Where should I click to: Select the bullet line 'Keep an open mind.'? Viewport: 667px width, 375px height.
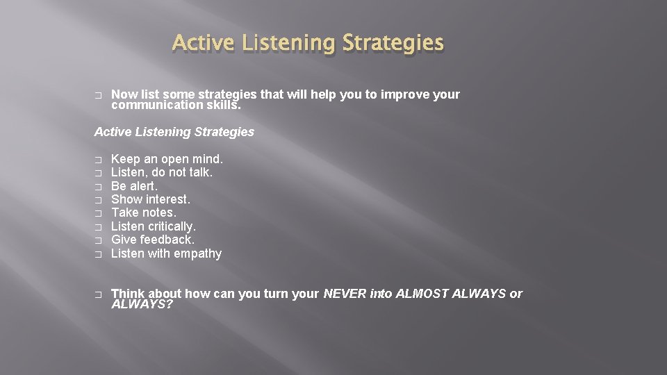pos(167,159)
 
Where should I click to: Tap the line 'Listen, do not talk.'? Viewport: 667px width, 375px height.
pos(162,172)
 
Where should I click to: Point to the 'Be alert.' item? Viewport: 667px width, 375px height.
pos(134,186)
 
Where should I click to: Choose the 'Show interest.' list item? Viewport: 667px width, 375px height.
pos(150,199)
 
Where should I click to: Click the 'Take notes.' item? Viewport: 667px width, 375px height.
pos(143,212)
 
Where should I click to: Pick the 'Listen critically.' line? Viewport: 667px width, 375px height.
pos(154,226)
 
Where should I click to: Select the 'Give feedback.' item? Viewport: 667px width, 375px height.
pos(153,240)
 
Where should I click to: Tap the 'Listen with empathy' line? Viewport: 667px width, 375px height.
pos(166,253)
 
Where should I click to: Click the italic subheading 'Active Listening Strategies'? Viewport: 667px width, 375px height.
pos(174,132)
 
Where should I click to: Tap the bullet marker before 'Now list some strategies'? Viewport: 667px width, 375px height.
pos(98,95)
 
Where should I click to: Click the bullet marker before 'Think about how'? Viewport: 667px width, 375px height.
pos(98,294)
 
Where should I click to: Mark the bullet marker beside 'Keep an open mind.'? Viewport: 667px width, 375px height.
pos(98,160)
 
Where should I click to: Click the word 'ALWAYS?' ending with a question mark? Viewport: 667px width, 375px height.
pos(142,305)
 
